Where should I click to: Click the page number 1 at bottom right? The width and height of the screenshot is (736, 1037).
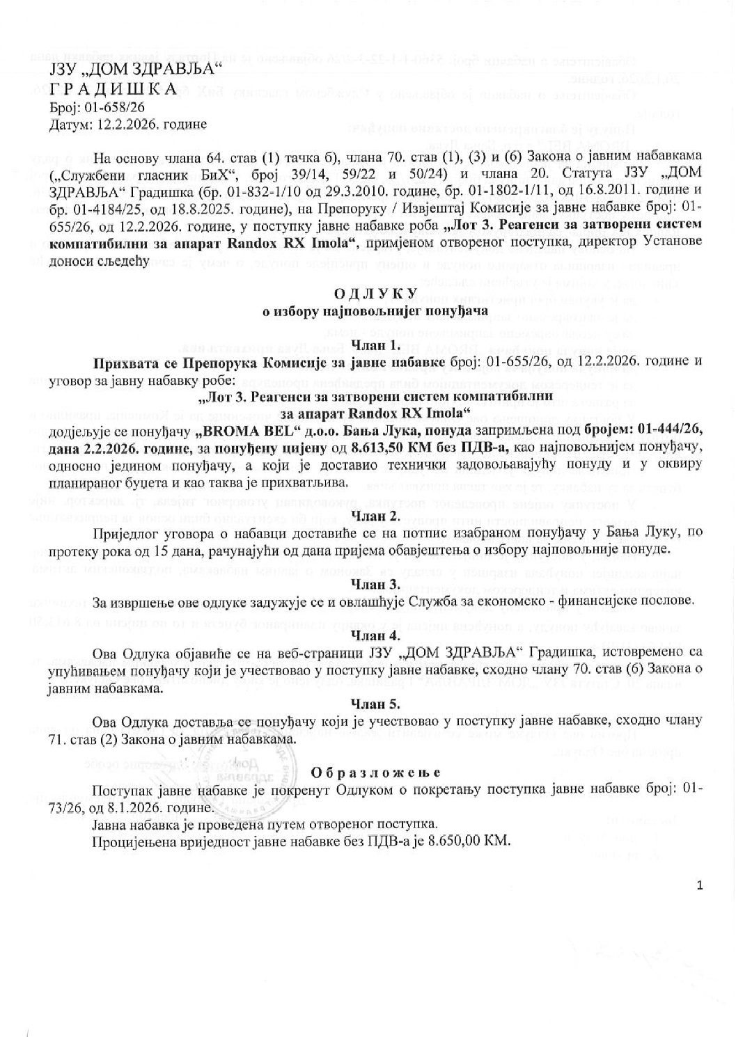[700, 885]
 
